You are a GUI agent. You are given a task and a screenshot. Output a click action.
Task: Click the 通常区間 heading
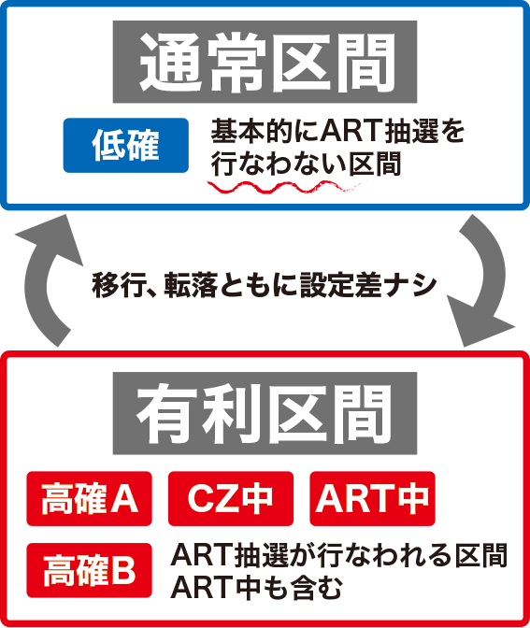pyautogui.click(x=265, y=62)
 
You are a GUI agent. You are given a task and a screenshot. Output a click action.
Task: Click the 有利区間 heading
pyautogui.click(x=265, y=413)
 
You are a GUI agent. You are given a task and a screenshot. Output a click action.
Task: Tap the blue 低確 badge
pyautogui.click(x=126, y=146)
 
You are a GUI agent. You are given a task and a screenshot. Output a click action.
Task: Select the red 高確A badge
pyautogui.click(x=89, y=499)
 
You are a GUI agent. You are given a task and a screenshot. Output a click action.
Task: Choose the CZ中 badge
pyautogui.click(x=231, y=499)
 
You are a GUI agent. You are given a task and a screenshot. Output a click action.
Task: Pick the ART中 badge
pyautogui.click(x=372, y=499)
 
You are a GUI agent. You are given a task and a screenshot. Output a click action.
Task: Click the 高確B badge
pyautogui.click(x=89, y=570)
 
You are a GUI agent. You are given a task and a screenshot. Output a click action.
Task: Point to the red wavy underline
pyautogui.click(x=286, y=187)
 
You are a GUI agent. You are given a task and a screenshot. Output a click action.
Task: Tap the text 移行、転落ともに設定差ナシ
pyautogui.click(x=264, y=285)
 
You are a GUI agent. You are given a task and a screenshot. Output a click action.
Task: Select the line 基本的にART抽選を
pyautogui.click(x=337, y=132)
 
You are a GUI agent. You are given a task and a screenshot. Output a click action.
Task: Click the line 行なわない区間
pyautogui.click(x=306, y=164)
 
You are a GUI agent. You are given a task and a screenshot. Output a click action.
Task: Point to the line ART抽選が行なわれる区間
pyautogui.click(x=339, y=556)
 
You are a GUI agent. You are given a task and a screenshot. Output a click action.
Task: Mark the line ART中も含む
pyautogui.click(x=256, y=587)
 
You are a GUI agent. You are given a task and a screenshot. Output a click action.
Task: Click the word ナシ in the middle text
pyautogui.click(x=409, y=285)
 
